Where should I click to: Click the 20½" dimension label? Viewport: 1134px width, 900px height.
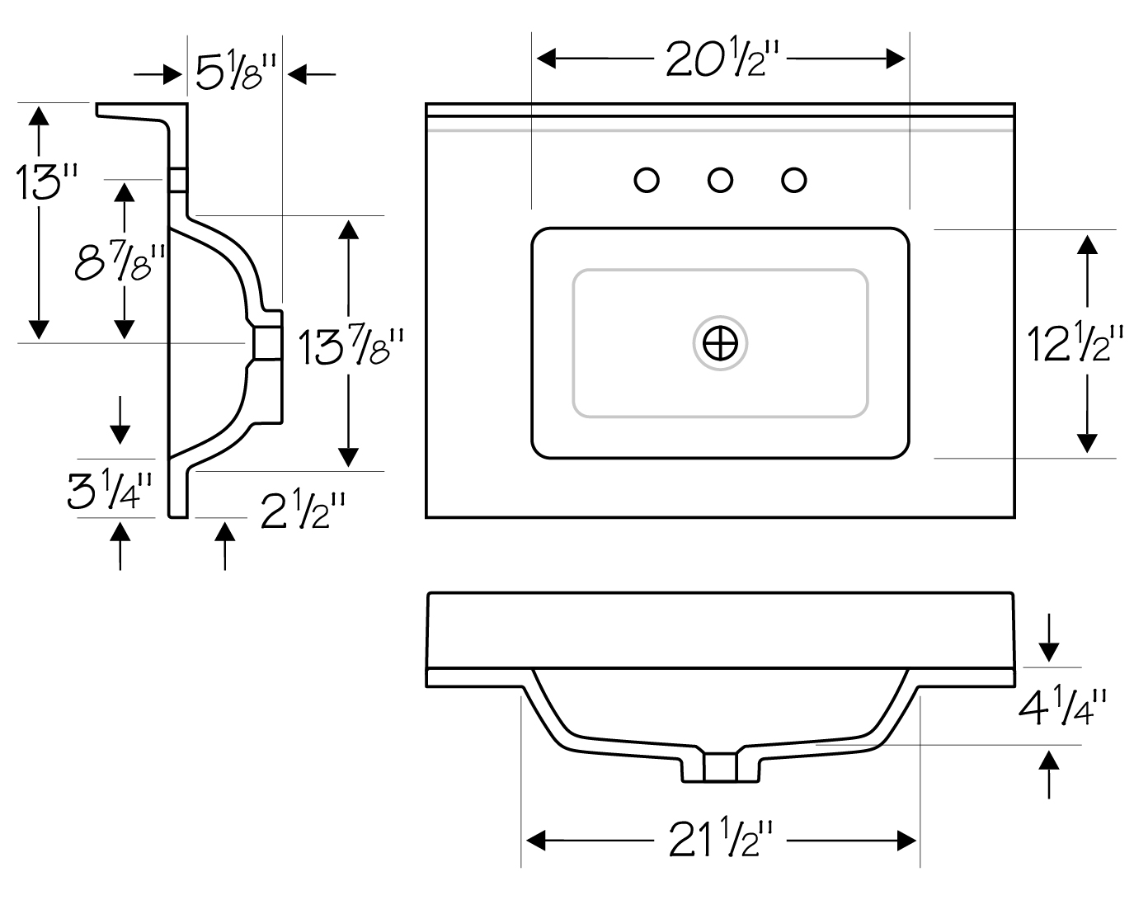722,59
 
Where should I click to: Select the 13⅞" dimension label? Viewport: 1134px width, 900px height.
351,347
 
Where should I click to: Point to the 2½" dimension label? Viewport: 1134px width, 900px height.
303,510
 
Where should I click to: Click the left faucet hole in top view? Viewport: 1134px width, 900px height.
647,181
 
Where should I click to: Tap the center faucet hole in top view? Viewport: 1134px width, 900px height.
720,181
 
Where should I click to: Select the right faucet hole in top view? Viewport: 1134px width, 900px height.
794,181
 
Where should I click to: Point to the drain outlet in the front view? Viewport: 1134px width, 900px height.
720,768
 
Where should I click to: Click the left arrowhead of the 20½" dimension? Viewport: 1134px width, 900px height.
547,59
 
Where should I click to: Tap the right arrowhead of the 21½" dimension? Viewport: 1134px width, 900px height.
906,841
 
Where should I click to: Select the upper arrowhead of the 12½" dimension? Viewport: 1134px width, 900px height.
1087,245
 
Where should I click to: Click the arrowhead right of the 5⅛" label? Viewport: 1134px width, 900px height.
298,74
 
